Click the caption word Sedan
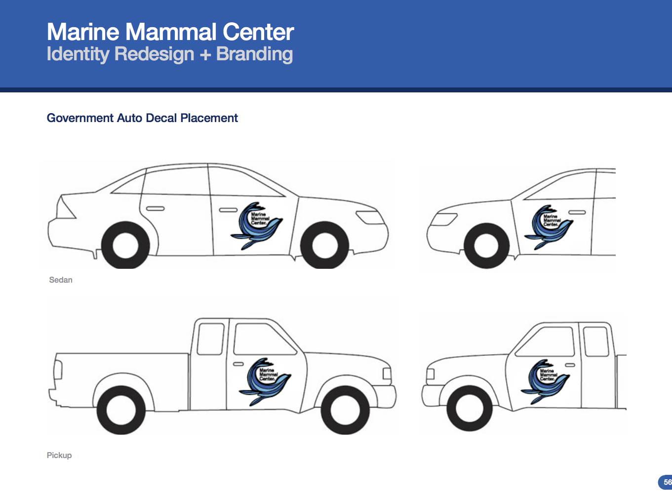point(61,280)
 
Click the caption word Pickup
point(59,455)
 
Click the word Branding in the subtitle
point(254,54)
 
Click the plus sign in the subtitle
point(205,54)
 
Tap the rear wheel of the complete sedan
point(125,246)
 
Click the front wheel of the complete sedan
point(324,246)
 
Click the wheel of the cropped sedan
point(486,246)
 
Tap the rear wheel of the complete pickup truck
point(121,410)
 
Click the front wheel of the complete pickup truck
point(345,410)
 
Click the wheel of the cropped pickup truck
point(469,408)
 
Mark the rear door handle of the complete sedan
point(155,209)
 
